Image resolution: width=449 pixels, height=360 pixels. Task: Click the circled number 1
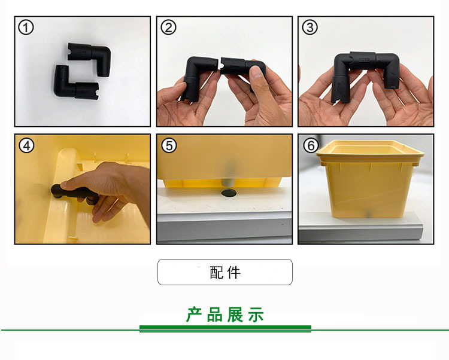[26, 28]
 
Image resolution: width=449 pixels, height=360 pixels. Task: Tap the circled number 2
[168, 28]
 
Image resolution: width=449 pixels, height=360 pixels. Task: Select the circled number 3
[310, 28]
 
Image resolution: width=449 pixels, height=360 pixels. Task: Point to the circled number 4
[26, 145]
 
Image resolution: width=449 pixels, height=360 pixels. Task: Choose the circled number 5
[169, 145]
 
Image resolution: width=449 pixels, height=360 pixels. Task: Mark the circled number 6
[311, 145]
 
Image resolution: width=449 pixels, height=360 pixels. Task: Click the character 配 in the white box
[217, 273]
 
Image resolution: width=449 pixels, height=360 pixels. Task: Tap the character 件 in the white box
[234, 273]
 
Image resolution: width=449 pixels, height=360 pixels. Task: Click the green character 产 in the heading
[194, 315]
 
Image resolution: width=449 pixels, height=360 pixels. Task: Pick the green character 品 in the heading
[215, 315]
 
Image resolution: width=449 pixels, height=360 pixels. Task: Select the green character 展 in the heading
[235, 315]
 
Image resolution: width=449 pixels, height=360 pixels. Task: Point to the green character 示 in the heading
[256, 315]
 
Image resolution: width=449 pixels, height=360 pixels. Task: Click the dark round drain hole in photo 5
[229, 193]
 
